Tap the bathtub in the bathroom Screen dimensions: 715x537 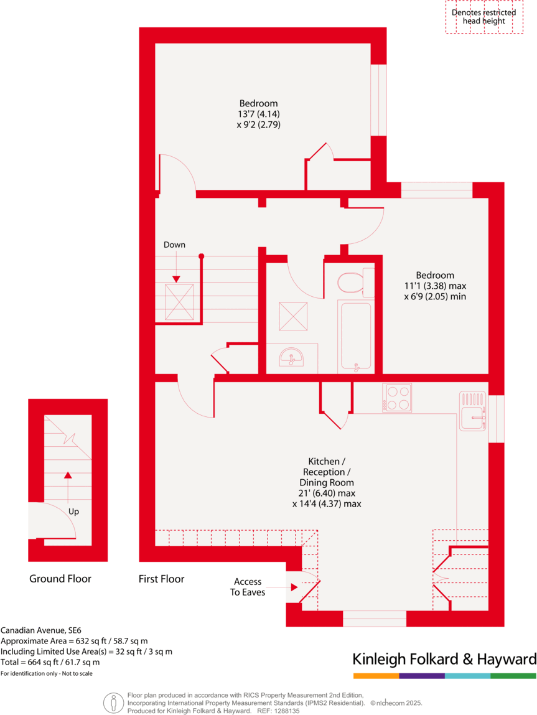355,336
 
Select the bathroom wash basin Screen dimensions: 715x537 291,358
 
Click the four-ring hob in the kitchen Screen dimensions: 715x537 398,397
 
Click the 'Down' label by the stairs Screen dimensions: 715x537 174,245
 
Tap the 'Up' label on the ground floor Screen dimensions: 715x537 74,512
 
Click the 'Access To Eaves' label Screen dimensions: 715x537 248,587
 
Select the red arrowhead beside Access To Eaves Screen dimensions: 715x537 294,586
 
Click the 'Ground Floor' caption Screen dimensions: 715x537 60,579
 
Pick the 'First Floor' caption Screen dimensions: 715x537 161,579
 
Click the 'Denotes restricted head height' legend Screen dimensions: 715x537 483,17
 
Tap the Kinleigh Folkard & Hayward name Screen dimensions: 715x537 444,659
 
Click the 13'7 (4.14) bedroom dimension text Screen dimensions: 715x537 258,114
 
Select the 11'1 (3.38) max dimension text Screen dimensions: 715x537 435,286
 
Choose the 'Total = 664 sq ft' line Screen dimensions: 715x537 50,662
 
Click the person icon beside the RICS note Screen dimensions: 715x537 113,703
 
